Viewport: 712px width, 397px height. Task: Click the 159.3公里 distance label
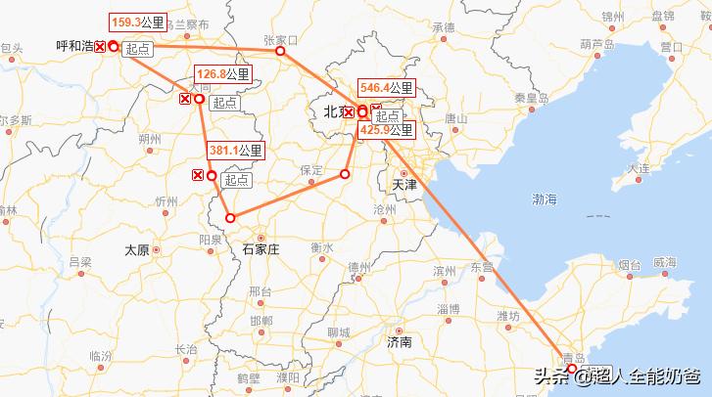[x=137, y=22]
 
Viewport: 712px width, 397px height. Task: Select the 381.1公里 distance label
[x=235, y=151]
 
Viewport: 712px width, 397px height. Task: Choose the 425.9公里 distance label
[x=387, y=129]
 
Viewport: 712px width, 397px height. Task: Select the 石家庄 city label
[x=261, y=249]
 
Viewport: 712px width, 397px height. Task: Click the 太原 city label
[x=137, y=250]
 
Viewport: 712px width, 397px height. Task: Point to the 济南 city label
[x=400, y=342]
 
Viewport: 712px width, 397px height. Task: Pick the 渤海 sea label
[x=545, y=198]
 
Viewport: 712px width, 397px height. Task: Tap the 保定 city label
[x=311, y=170]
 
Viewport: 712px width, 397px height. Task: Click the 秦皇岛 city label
[x=530, y=98]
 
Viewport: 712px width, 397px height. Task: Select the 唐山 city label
[x=455, y=117]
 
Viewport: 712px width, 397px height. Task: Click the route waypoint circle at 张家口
[x=280, y=51]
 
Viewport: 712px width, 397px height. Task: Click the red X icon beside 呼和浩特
[x=99, y=47]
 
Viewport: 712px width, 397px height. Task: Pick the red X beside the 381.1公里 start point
[x=198, y=175]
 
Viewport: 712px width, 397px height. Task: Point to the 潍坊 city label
[x=507, y=315]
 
